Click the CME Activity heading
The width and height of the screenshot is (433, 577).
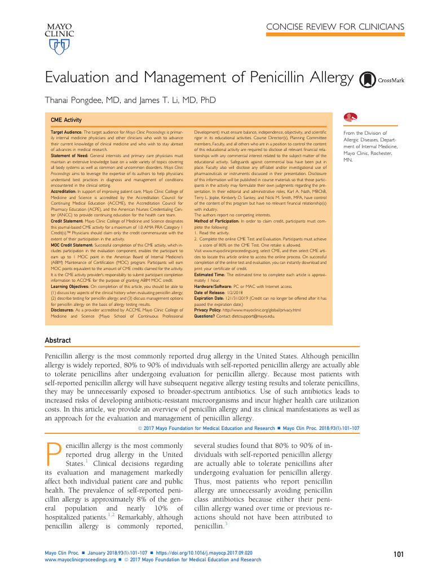[67, 120]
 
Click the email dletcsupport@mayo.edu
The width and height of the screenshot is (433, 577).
[253, 316]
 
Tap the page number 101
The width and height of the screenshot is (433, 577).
[399, 555]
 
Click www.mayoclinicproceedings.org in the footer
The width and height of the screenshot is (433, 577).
[79, 560]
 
